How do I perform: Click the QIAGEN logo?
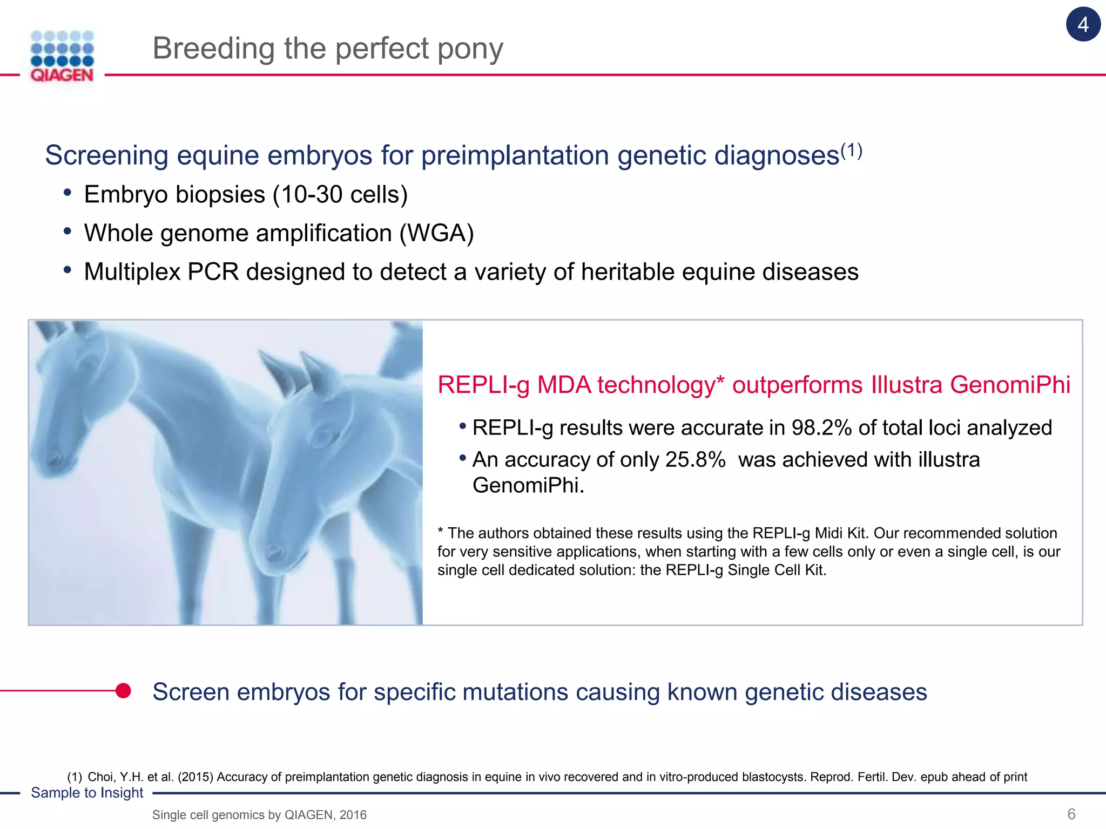[62, 57]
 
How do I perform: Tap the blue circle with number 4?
[1083, 25]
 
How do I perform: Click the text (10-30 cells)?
[340, 194]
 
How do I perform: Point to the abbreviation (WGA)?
[436, 233]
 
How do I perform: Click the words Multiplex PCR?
[161, 272]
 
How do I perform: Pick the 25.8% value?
[695, 460]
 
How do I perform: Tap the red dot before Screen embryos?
[123, 691]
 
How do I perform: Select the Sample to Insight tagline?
[87, 793]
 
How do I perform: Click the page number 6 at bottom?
[1071, 814]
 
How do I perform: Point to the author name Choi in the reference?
[100, 777]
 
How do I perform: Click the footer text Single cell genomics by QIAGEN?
[259, 815]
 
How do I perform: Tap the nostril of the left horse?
[54, 459]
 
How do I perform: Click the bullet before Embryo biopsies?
[67, 193]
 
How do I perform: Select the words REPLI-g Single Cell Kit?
[745, 570]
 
